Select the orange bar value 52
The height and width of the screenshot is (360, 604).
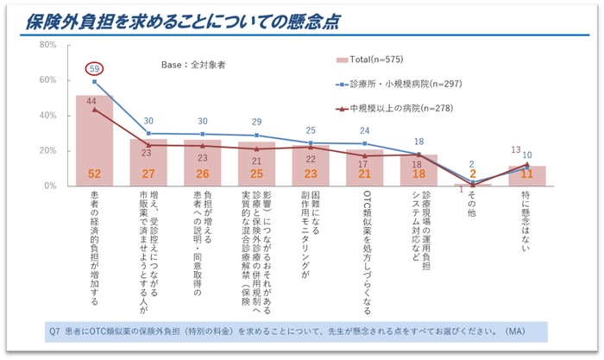[x=95, y=174]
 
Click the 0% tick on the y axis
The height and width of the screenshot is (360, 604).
[x=50, y=186]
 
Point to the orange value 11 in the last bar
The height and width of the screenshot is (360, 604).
[x=526, y=174]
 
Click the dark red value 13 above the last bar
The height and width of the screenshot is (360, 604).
[x=516, y=149]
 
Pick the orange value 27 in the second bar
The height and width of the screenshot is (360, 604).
[x=148, y=174]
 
